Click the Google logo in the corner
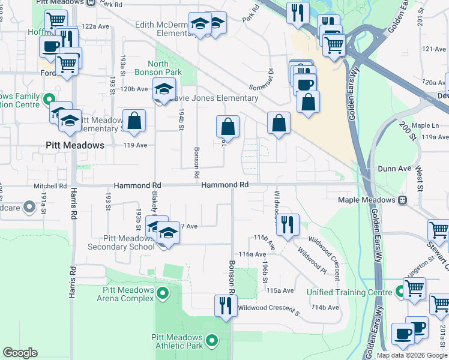tap(20, 353)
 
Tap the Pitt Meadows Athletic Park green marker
tap(211, 341)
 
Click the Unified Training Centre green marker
tap(400, 292)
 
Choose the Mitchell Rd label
tap(50, 186)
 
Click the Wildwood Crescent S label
tap(268, 308)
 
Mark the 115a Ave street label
tap(280, 290)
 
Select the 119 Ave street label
tap(135, 145)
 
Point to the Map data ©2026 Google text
tap(412, 355)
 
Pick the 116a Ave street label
tap(252, 254)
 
